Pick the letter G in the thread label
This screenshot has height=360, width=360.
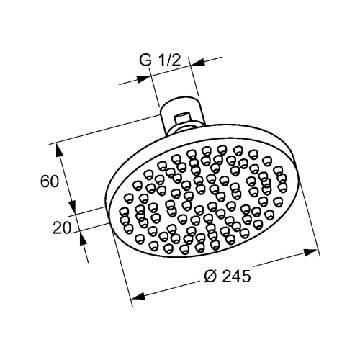coord(145,62)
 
